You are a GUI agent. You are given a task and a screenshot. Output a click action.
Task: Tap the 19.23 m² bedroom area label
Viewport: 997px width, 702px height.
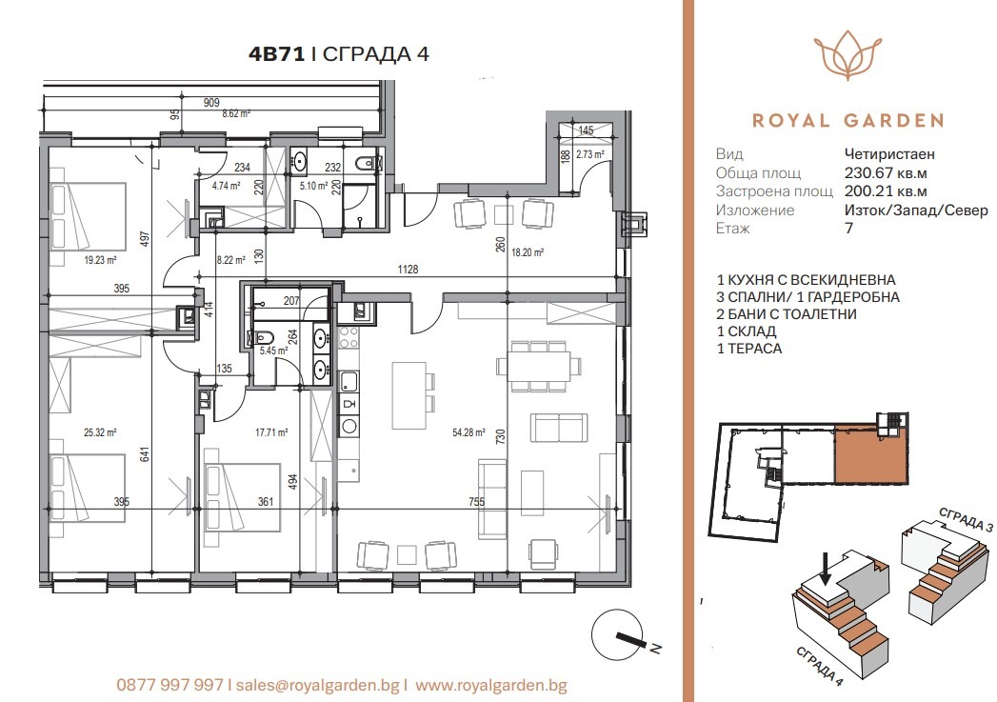click(100, 260)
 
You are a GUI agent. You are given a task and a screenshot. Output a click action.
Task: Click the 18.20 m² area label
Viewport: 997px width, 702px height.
click(527, 253)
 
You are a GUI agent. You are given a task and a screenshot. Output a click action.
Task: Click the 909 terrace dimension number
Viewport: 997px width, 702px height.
click(211, 103)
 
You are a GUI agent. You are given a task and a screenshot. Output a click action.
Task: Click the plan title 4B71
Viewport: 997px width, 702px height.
click(276, 54)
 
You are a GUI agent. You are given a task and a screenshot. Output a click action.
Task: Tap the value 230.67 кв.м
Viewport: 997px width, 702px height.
click(886, 173)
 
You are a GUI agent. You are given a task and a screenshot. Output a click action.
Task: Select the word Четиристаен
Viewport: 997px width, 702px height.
click(889, 154)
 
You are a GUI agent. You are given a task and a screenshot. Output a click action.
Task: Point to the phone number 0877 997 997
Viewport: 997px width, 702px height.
click(169, 684)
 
